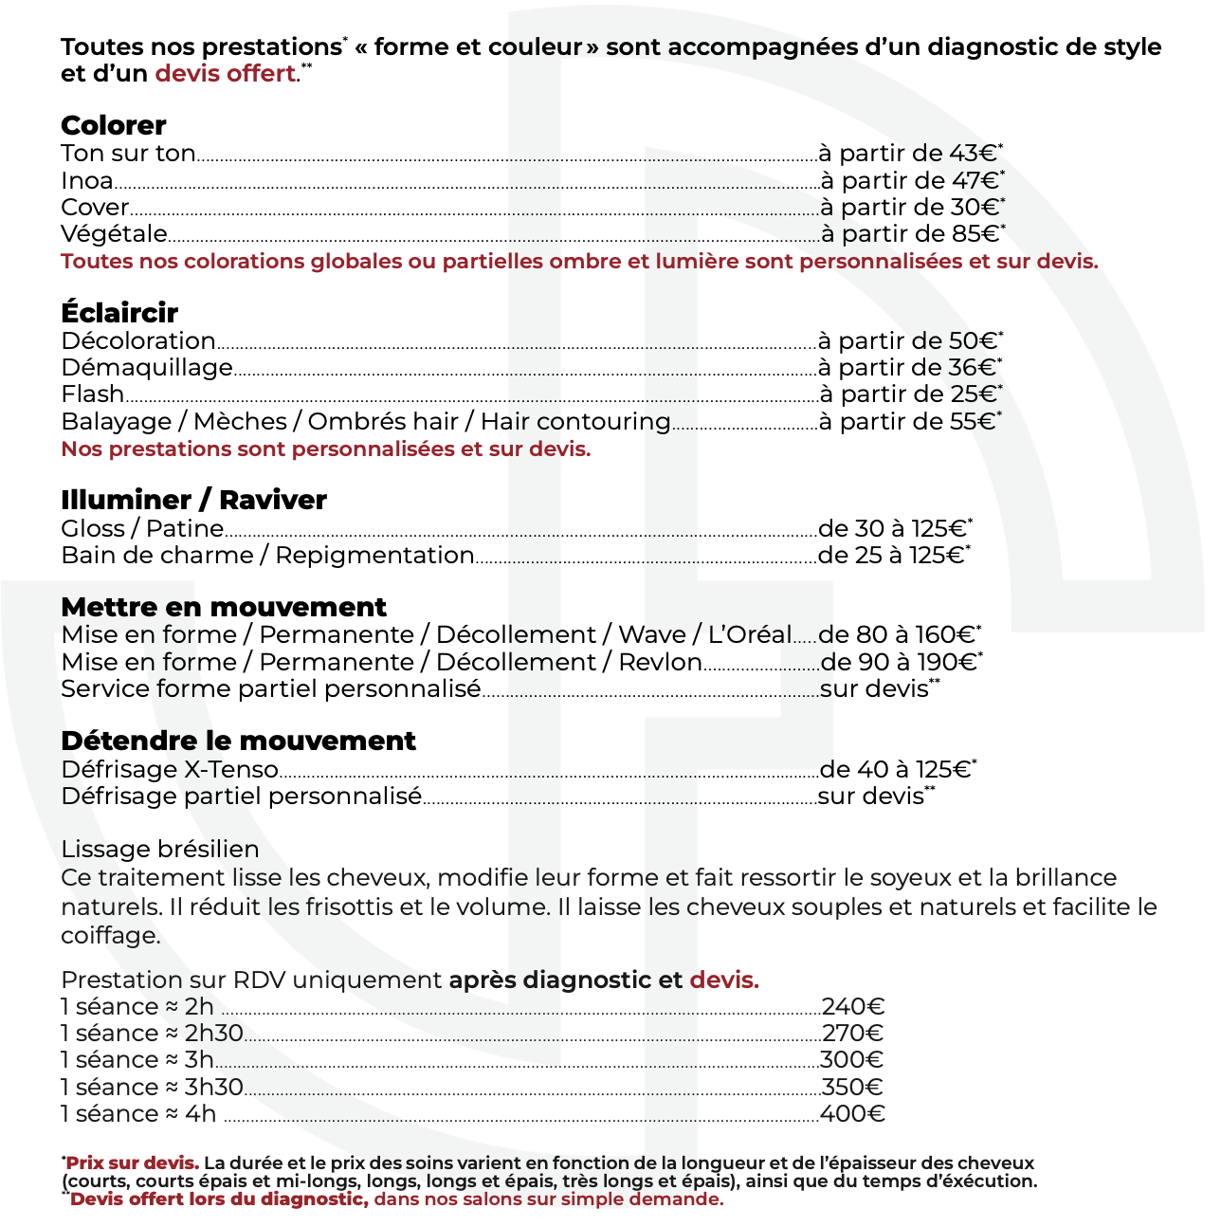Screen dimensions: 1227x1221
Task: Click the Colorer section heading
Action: click(x=113, y=125)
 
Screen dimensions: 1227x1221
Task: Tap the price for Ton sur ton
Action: click(x=909, y=154)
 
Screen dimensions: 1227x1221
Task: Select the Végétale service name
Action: click(x=114, y=234)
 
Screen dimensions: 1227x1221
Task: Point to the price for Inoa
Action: click(x=911, y=180)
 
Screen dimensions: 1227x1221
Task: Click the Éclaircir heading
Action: click(x=119, y=313)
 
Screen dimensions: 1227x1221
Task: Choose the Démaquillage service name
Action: click(x=147, y=368)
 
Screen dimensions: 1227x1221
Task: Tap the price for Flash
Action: click(x=909, y=394)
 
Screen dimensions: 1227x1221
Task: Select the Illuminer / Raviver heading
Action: click(x=193, y=500)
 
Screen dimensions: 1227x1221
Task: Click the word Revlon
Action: click(x=660, y=662)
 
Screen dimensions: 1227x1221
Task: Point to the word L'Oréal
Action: click(x=749, y=634)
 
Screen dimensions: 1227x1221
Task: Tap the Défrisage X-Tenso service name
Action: click(x=170, y=769)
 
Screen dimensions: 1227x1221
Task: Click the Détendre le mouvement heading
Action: click(x=238, y=741)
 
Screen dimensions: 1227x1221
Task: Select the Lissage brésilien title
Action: click(x=159, y=849)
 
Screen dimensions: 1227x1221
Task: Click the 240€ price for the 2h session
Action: click(x=852, y=1007)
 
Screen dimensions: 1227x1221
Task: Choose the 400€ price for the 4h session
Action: click(x=852, y=1114)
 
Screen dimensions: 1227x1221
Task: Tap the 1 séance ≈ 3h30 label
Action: click(x=152, y=1087)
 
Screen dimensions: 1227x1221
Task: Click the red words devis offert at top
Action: click(x=226, y=74)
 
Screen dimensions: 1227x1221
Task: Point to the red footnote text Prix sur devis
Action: click(x=132, y=1163)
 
